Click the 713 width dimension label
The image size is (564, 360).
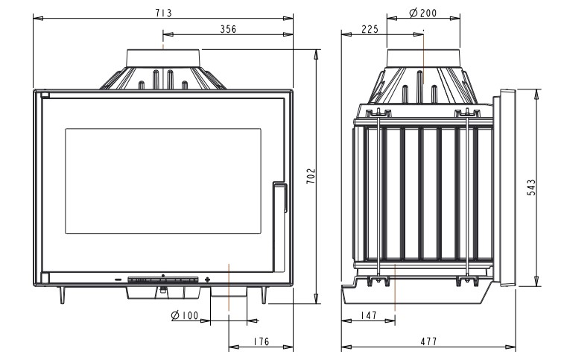(x=164, y=13)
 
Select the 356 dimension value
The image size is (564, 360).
(x=229, y=29)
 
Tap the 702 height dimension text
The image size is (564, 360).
(x=311, y=176)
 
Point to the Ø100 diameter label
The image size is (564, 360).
(x=185, y=316)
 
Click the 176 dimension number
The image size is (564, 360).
(x=261, y=341)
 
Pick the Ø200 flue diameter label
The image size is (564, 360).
(x=423, y=13)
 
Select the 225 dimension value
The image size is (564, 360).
(x=370, y=29)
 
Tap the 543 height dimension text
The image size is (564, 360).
(x=531, y=188)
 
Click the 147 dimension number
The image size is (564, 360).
(x=368, y=315)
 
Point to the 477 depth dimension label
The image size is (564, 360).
(x=428, y=341)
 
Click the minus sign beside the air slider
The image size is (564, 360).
(x=118, y=280)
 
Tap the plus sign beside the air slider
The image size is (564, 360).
(x=207, y=280)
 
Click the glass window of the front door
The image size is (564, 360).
(x=163, y=181)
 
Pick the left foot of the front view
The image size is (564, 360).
(x=63, y=295)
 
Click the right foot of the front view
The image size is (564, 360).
(x=264, y=295)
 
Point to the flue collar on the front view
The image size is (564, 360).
(x=163, y=58)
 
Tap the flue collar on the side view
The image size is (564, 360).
(x=423, y=58)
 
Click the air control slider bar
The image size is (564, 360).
(x=163, y=280)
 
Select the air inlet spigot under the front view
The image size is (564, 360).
(x=229, y=292)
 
